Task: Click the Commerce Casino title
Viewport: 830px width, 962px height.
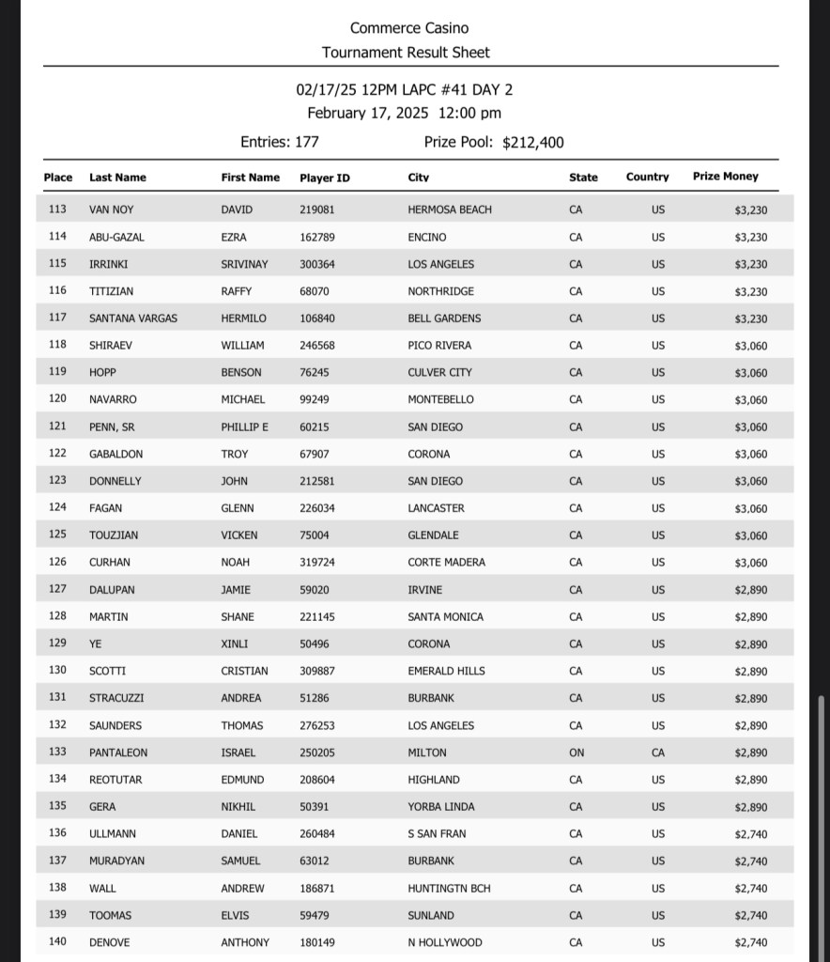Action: tap(409, 28)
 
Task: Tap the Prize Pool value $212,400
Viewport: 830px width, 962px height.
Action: tap(533, 143)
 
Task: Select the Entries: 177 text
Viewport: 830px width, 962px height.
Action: tap(280, 142)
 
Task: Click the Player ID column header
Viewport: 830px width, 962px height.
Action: tap(324, 178)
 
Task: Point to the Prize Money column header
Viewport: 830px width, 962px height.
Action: tap(725, 177)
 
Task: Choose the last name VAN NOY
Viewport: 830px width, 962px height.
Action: tap(112, 209)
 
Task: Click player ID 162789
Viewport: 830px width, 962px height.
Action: tap(317, 238)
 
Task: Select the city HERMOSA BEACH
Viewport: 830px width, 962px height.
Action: tap(450, 209)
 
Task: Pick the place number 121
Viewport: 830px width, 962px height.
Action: tap(57, 427)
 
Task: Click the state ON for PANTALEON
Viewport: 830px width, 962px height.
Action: tap(576, 753)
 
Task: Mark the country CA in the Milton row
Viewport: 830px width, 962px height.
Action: tap(658, 753)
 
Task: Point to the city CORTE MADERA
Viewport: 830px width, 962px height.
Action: tap(447, 563)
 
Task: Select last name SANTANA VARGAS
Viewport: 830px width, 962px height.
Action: tap(133, 318)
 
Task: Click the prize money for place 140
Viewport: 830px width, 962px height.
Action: tap(750, 942)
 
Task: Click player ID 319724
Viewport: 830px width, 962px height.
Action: tap(317, 563)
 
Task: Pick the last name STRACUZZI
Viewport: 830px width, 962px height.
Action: tap(116, 698)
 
